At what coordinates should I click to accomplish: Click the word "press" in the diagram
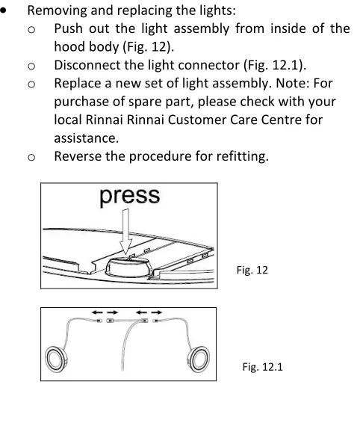[x=129, y=197]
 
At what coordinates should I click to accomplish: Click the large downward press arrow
[x=125, y=232]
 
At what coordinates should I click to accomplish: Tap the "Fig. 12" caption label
[x=252, y=270]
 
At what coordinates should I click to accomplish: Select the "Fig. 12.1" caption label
[x=262, y=367]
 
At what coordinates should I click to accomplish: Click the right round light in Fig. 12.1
[x=199, y=359]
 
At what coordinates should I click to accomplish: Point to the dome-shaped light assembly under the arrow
[x=128, y=267]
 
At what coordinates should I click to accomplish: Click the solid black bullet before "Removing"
[x=3, y=10]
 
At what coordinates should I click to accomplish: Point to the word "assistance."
[x=87, y=138]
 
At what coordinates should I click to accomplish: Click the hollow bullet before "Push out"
[x=31, y=30]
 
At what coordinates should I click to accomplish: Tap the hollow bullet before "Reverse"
[x=31, y=157]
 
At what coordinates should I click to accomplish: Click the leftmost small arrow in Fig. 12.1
[x=97, y=312]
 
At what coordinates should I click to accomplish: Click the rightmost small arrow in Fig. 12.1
[x=157, y=312]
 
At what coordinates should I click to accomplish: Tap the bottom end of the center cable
[x=122, y=371]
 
